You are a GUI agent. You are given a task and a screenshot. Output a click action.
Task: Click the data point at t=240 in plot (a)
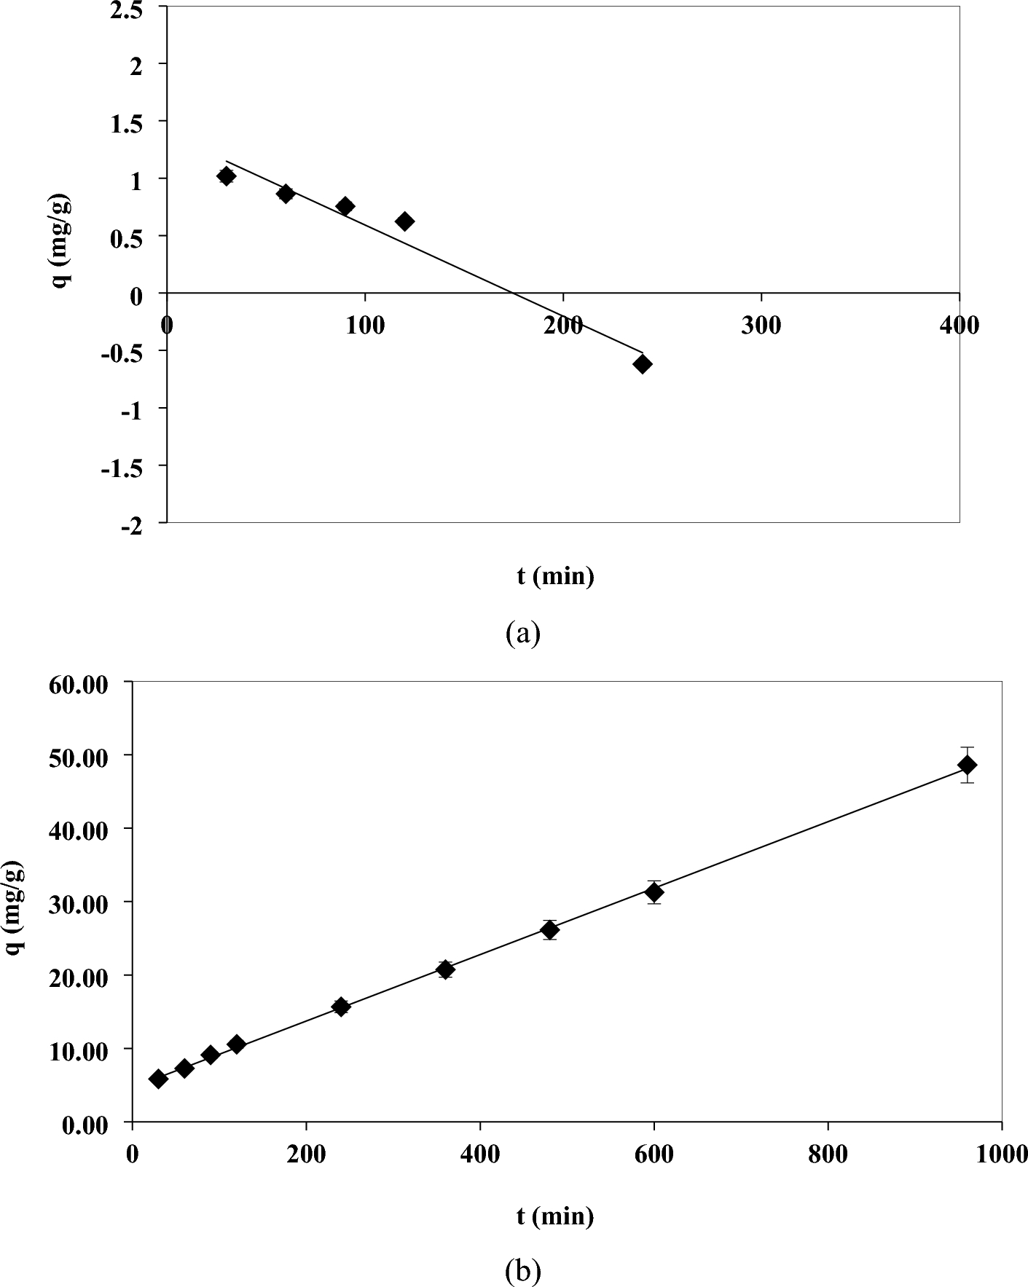coord(642,364)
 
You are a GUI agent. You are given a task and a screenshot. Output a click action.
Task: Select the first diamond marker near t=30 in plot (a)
coord(226,176)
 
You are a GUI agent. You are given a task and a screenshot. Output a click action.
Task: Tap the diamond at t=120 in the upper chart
coord(404,221)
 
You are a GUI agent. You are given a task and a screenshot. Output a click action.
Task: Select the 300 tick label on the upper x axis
coord(761,325)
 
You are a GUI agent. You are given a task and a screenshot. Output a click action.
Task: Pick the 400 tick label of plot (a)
coord(959,325)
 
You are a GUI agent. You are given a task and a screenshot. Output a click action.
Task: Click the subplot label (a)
coord(522,632)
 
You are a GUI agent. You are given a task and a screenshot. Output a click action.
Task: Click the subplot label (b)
coord(522,1272)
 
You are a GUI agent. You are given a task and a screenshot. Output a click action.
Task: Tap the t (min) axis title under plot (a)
coord(555,576)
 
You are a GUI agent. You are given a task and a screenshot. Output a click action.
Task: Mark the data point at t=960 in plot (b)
coord(967,765)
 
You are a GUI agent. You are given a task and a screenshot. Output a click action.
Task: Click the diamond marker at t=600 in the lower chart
coord(654,892)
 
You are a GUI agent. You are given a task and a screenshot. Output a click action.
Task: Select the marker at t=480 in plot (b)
coord(549,930)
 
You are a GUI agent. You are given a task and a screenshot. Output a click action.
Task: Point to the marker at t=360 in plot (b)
coord(445,969)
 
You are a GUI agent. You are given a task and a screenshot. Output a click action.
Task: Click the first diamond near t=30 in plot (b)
coord(158,1079)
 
